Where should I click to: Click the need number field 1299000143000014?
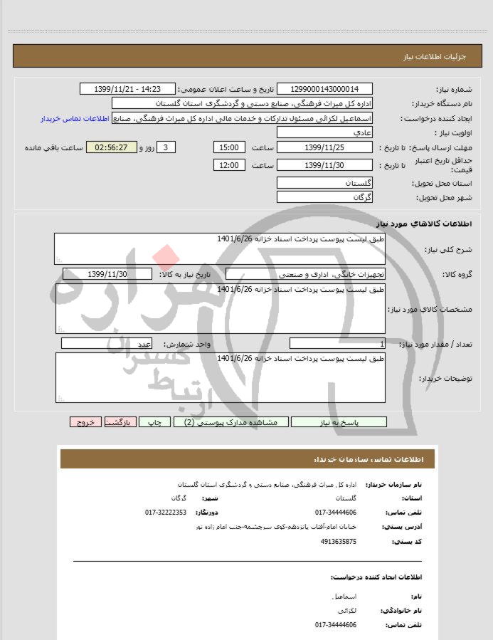tap(324, 89)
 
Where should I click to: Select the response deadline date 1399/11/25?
tap(324, 147)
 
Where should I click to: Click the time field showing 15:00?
tap(229, 147)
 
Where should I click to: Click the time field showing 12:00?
tap(229, 165)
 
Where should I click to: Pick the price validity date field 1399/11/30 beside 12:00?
tap(324, 165)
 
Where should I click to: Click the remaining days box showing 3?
tap(165, 147)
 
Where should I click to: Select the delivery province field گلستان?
tap(324, 183)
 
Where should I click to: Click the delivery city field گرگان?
tap(324, 197)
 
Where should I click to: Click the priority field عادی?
tap(324, 133)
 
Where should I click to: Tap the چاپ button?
tap(159, 422)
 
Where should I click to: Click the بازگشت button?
tap(120, 422)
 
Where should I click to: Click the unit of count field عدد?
tap(107, 344)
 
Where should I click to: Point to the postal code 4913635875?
tap(339, 542)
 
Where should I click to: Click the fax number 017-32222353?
tap(166, 513)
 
